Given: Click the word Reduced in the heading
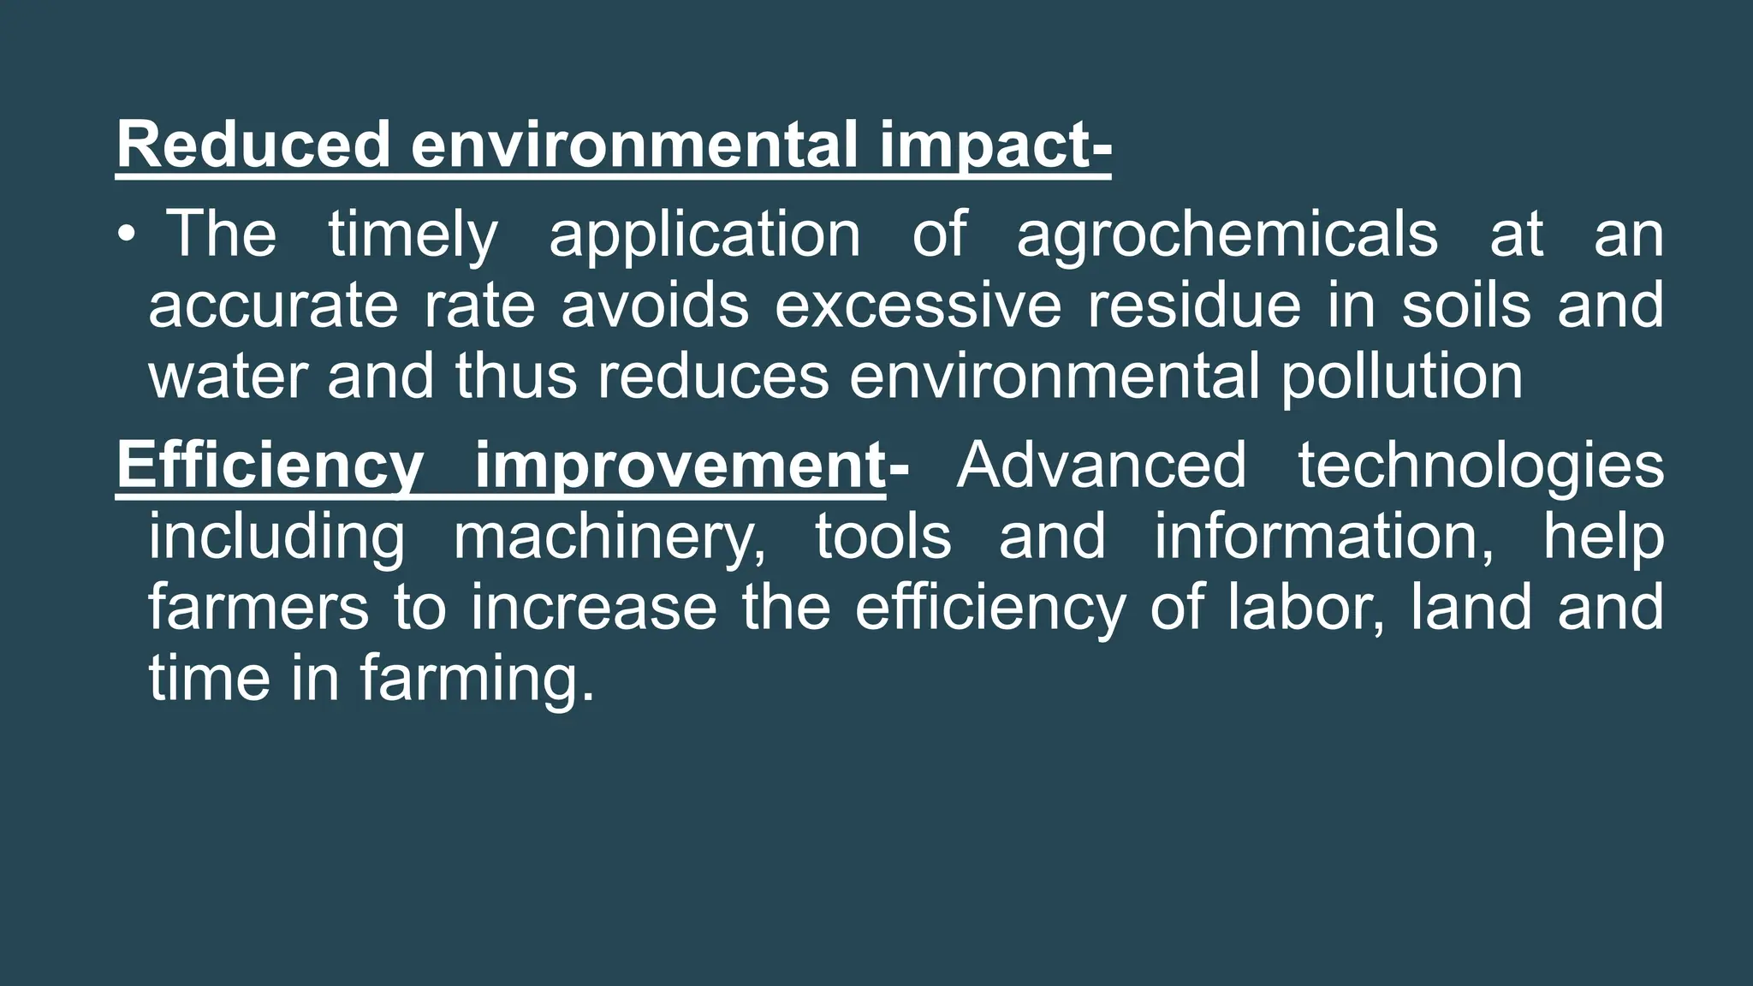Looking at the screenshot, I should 253,146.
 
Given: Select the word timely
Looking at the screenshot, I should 413,235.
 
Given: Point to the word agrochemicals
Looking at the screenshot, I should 1227,235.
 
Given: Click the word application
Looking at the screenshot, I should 704,235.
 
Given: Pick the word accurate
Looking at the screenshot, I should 273,306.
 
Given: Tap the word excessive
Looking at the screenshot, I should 918,306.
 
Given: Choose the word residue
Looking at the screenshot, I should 1194,306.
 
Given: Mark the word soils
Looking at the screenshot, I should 1465,306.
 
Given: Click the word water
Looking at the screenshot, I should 228,377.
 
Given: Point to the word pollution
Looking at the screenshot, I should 1401,377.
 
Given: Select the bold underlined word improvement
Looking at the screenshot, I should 680,466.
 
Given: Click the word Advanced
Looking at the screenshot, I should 1102,466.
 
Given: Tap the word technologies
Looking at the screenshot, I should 1481,466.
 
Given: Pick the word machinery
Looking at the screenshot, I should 609,538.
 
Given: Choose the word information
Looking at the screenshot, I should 1324,538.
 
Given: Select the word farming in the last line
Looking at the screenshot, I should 476,680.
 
